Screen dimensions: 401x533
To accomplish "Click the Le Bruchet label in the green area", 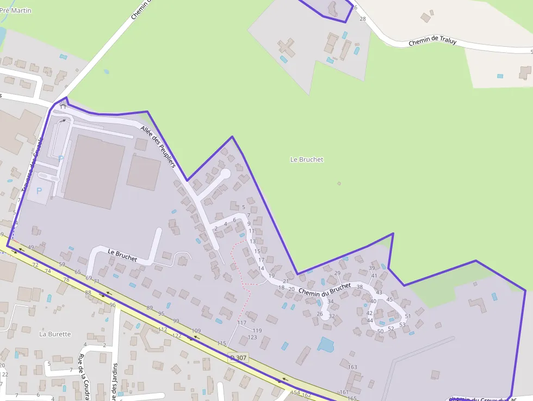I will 307,159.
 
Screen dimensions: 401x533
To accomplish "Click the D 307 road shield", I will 238,357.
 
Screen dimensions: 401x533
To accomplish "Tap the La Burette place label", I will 55,334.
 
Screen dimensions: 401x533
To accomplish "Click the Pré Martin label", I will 16,11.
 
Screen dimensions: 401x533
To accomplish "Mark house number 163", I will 352,367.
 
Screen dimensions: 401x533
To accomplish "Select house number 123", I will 252,337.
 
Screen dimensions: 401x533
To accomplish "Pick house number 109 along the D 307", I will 196,331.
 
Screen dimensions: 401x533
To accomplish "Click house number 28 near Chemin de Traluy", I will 363,18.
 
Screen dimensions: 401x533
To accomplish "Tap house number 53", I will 402,325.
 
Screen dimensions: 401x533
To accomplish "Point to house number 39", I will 372,268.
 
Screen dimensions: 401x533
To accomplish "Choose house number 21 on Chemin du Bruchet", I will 286,281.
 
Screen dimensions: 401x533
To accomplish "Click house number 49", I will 31,248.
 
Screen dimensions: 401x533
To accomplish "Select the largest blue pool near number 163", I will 326,344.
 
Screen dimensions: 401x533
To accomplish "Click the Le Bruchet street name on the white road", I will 122,255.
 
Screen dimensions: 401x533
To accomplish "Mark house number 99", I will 176,321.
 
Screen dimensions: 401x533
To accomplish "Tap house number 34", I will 330,301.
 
